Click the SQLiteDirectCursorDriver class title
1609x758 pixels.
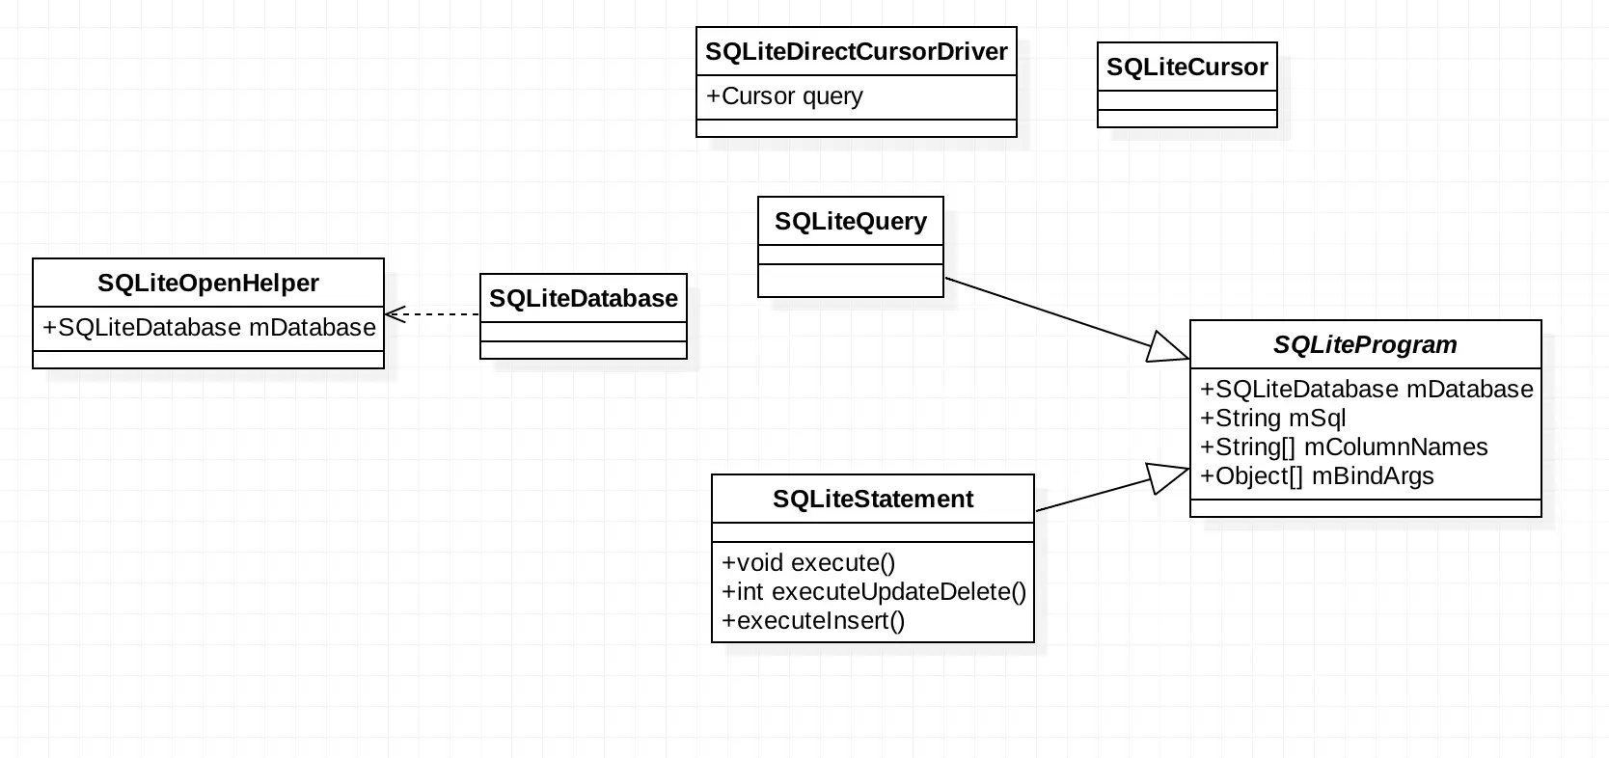click(x=856, y=52)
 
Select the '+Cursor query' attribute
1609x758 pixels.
click(x=784, y=96)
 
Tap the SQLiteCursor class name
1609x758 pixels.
click(x=1186, y=68)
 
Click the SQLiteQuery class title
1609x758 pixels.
click(x=850, y=222)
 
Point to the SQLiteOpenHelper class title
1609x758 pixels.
click(x=207, y=284)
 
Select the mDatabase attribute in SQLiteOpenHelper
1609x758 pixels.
click(x=208, y=328)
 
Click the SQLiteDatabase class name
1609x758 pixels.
click(x=583, y=299)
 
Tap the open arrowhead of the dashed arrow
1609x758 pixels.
click(x=394, y=314)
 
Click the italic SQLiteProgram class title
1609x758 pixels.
click(x=1364, y=345)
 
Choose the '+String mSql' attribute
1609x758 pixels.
click(x=1272, y=419)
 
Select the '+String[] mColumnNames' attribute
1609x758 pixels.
click(x=1343, y=447)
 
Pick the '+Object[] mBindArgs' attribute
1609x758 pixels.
click(x=1316, y=476)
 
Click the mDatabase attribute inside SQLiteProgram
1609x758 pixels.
click(x=1366, y=390)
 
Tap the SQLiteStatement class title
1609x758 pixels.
click(x=872, y=500)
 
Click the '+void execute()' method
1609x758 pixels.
click(x=808, y=563)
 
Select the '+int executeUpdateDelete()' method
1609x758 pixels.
click(x=873, y=592)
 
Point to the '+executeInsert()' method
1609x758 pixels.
click(x=812, y=621)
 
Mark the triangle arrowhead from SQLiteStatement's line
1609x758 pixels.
click(x=1169, y=477)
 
